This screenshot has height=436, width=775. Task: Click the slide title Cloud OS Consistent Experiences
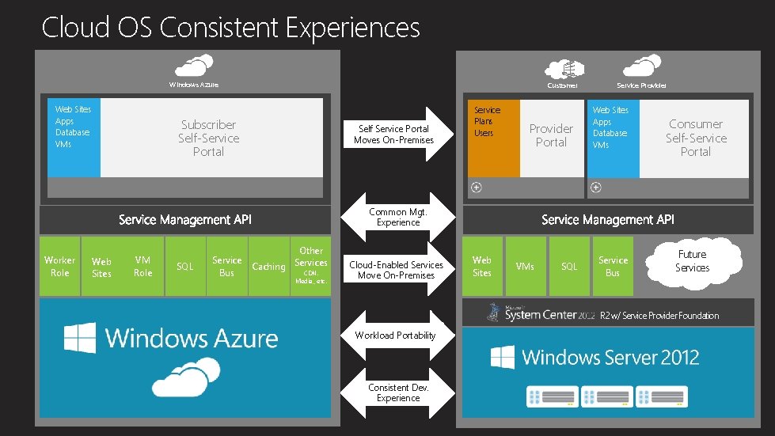(x=230, y=28)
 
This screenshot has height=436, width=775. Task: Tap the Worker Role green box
(x=60, y=267)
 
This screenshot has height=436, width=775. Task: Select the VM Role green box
(x=142, y=267)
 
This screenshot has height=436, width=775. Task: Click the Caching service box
(x=268, y=267)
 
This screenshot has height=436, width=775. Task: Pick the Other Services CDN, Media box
(x=310, y=267)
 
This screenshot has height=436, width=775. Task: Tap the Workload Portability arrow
(x=395, y=336)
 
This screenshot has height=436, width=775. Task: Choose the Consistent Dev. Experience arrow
(x=398, y=393)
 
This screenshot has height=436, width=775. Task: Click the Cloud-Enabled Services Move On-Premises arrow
(x=396, y=270)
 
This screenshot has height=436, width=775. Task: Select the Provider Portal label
(x=551, y=135)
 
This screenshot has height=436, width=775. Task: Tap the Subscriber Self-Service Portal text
(x=208, y=138)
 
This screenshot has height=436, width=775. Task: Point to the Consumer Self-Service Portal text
(x=695, y=137)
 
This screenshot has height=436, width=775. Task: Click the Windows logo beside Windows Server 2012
(x=503, y=357)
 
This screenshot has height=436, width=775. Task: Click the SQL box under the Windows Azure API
(x=184, y=267)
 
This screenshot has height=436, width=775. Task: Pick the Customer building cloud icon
(x=563, y=66)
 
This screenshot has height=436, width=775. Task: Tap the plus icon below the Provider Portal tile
(x=477, y=188)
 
